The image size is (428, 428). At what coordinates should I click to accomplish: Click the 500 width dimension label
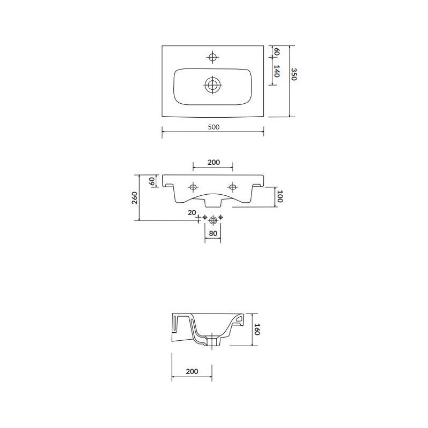click(213, 127)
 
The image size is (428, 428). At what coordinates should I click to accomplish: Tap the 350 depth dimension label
click(293, 74)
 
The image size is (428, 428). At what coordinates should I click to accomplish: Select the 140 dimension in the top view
click(277, 71)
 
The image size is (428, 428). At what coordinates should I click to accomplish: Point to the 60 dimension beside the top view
click(277, 51)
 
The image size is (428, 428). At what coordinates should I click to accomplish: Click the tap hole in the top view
click(212, 57)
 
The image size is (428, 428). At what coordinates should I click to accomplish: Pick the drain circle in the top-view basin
click(212, 85)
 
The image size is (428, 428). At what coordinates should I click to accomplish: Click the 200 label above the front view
click(213, 162)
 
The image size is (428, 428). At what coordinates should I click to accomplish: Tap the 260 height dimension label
click(135, 197)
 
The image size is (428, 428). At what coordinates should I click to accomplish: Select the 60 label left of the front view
click(152, 181)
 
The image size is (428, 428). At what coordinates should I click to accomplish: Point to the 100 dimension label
click(279, 196)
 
